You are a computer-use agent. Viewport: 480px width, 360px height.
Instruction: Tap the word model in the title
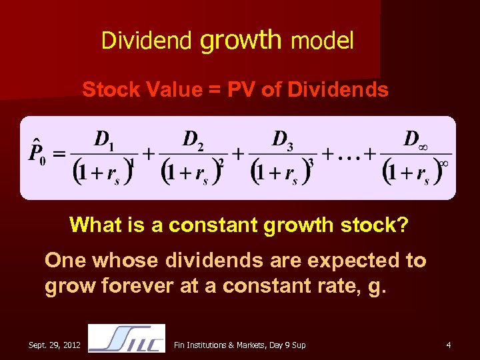click(322, 41)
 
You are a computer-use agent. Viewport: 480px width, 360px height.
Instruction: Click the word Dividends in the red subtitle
click(338, 90)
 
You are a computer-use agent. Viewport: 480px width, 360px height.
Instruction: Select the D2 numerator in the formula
click(193, 140)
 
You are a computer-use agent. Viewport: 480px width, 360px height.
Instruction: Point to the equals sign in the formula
click(59, 153)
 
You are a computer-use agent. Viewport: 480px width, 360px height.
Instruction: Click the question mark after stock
click(403, 225)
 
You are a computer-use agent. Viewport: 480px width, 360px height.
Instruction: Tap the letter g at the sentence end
click(373, 288)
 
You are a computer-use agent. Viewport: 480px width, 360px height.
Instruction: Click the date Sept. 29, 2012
click(55, 345)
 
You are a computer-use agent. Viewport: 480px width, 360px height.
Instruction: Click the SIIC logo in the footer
click(127, 338)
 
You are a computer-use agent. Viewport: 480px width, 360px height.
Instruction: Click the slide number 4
click(449, 345)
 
